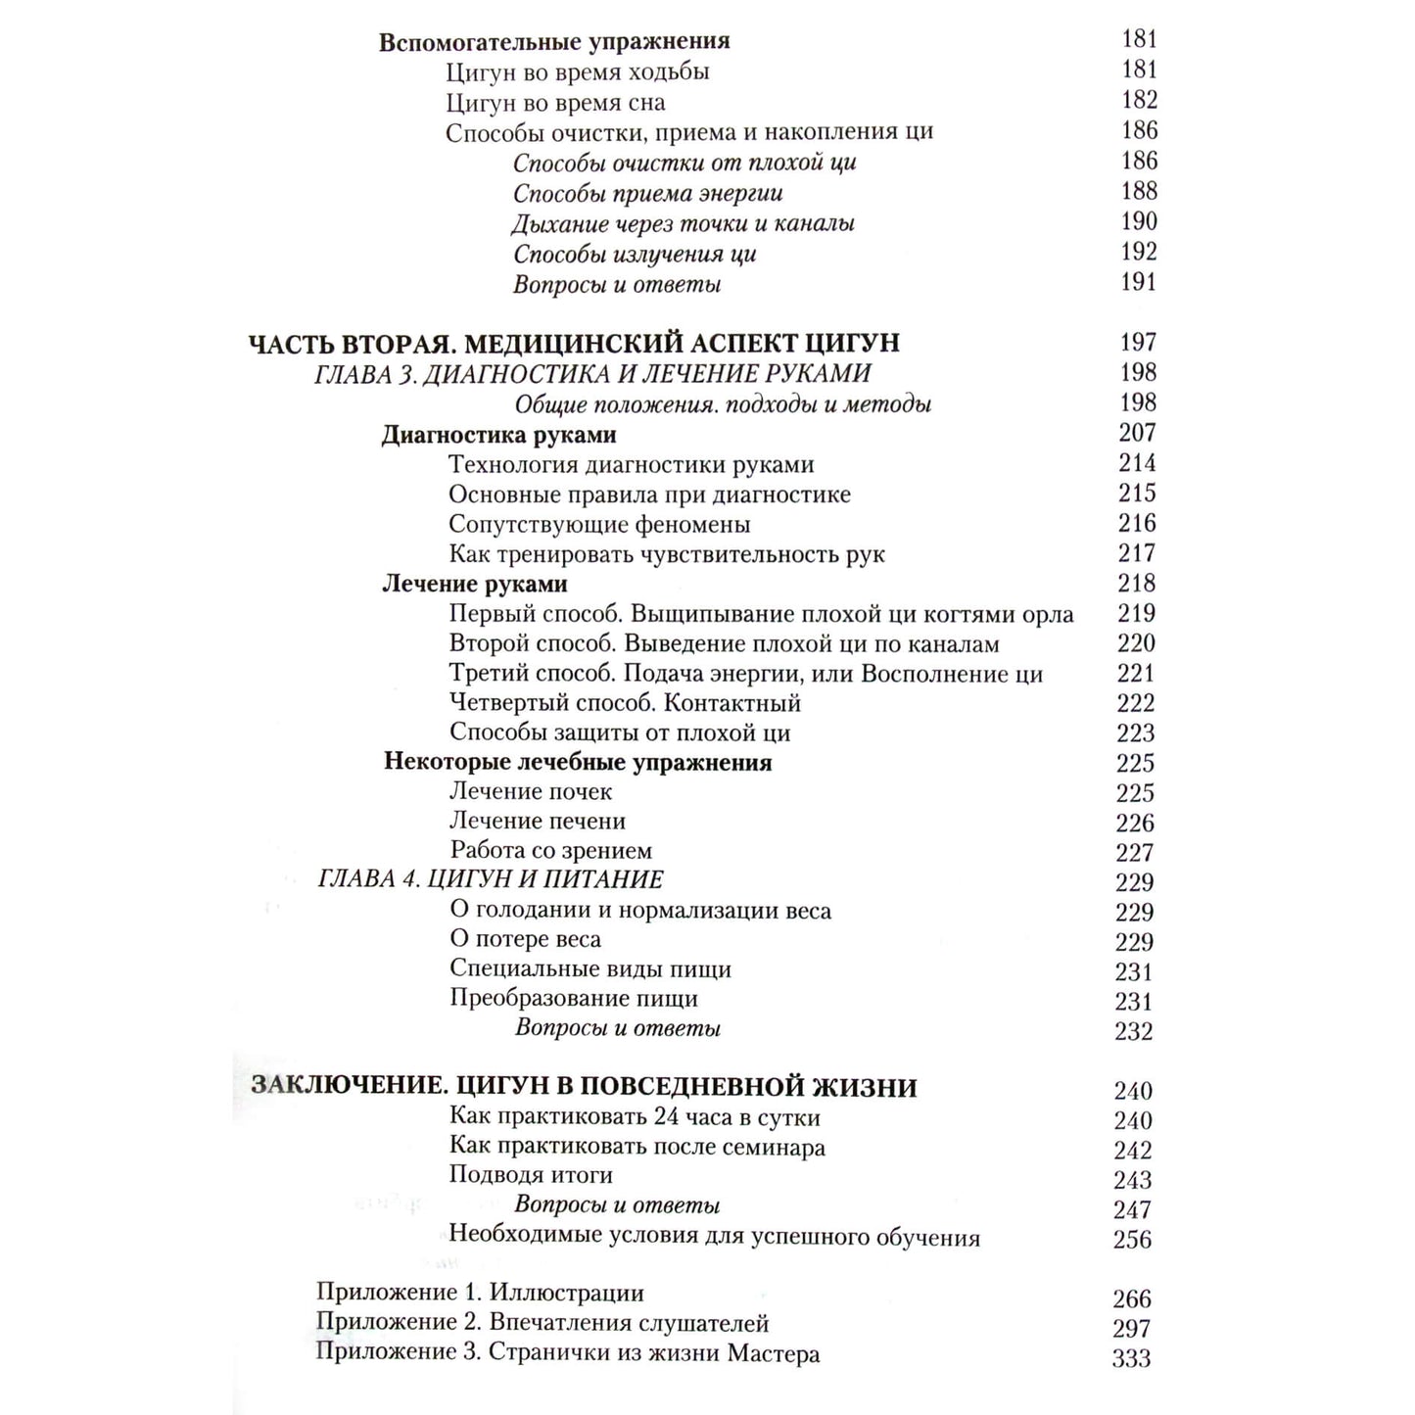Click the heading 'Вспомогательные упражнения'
pos(554,42)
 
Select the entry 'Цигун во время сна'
pos(555,103)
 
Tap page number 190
pos(1139,221)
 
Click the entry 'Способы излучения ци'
pos(635,255)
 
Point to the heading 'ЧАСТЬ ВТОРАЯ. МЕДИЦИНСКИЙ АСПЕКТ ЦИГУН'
pos(574,344)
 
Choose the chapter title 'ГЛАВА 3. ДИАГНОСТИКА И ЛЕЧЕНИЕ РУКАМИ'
pos(592,374)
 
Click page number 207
pos(1137,433)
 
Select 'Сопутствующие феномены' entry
pos(599,525)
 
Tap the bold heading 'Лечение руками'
pos(474,585)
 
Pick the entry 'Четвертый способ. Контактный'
pos(625,703)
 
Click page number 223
pos(1136,733)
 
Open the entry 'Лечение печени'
pos(537,822)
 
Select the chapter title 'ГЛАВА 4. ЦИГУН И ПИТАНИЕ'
pos(491,879)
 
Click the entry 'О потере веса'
pos(525,940)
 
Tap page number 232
pos(1134,1031)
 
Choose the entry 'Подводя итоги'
pos(530,1175)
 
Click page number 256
pos(1132,1240)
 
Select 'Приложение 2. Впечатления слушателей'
pos(542,1324)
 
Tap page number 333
pos(1131,1359)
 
